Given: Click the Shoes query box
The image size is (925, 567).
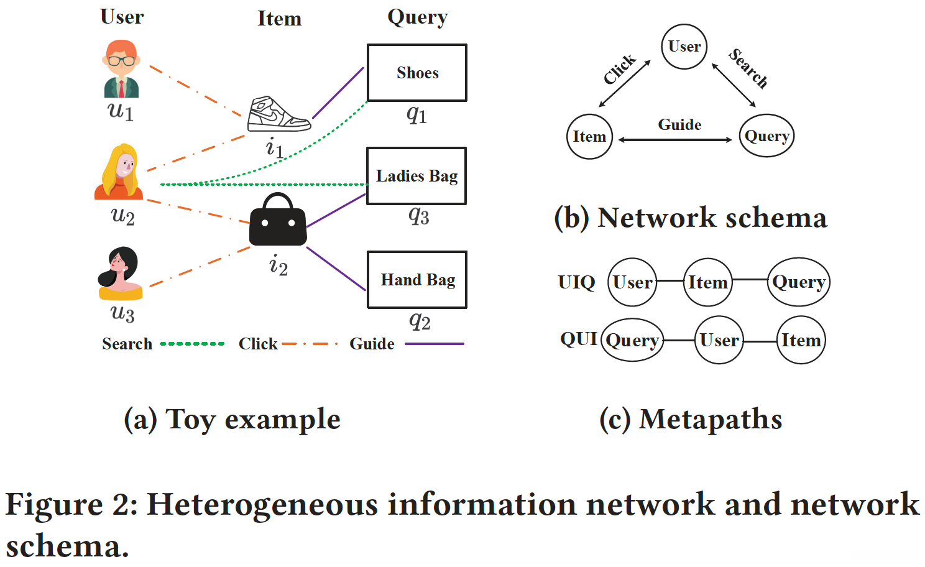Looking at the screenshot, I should tap(417, 73).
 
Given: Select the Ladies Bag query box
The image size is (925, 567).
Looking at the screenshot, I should tap(416, 176).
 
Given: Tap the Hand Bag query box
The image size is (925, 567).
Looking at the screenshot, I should tap(417, 280).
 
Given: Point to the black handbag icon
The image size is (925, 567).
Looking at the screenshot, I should tap(278, 220).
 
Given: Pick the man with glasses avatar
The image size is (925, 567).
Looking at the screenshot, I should tap(121, 69).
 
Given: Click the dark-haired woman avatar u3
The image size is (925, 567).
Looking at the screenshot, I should tap(121, 274).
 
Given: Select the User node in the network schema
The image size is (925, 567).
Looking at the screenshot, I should tap(684, 47).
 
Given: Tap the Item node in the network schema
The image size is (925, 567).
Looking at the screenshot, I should tap(589, 137).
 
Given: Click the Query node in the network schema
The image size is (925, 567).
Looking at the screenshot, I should tap(767, 136).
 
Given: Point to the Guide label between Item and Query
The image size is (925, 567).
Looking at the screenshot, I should tap(679, 125).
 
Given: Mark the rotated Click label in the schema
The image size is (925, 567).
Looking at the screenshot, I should tap(620, 69).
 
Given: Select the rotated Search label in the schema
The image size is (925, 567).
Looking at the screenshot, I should tap(748, 68).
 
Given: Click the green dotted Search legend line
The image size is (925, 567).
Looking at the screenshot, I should tap(192, 344).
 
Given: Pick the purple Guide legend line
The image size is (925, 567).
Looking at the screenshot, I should tap(434, 344).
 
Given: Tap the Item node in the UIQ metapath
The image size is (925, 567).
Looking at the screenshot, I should tap(707, 283).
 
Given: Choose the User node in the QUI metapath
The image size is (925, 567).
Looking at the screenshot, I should tap(719, 340).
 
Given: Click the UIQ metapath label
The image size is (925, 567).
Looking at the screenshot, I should tap(576, 282).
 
